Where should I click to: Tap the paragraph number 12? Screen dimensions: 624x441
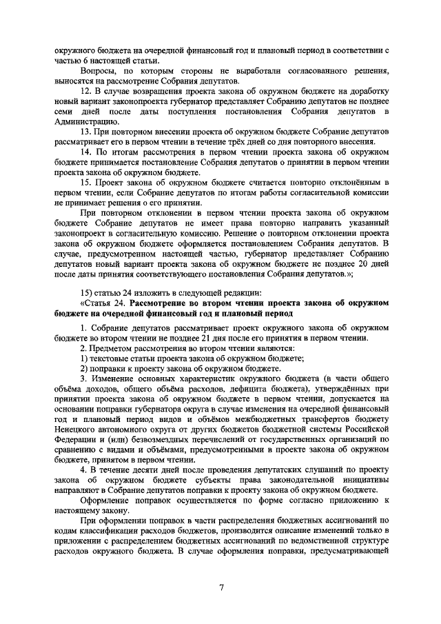pos(86,92)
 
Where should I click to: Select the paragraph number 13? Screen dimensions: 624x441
pos(86,132)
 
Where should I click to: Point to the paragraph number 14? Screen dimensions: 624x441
pos(86,152)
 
